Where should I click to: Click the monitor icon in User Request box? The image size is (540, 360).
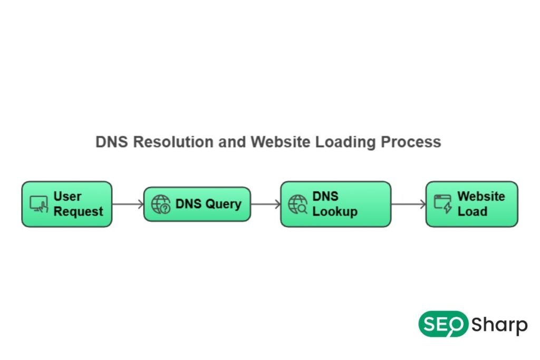38,204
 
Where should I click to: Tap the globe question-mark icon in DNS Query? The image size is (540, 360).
161,205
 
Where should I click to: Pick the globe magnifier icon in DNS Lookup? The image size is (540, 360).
298,205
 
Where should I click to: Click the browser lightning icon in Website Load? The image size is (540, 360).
443,204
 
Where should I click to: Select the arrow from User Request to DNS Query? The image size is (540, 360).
128,204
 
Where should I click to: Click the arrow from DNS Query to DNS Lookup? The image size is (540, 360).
265,204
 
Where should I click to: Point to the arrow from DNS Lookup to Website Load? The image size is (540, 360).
408,204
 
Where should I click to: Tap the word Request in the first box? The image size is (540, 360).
78,212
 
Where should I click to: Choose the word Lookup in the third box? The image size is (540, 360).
335,212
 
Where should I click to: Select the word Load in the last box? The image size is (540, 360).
472,212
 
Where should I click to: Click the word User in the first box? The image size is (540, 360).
67,197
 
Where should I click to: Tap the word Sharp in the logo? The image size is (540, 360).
499,325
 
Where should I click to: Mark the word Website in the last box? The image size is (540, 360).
481,197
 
